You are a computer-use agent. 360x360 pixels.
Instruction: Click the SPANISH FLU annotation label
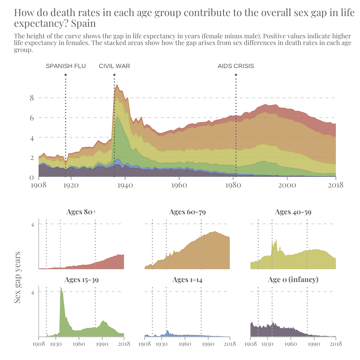[66, 66]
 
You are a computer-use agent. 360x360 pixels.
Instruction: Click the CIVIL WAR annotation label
[114, 66]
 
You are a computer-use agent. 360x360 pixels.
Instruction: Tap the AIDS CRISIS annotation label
[236, 66]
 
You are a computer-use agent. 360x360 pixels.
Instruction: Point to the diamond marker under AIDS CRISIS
[236, 75]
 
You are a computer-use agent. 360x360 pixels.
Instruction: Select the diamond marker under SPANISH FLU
[66, 75]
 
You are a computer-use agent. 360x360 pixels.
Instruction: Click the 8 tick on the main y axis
[32, 98]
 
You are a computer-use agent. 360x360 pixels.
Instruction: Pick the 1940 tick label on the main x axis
[125, 185]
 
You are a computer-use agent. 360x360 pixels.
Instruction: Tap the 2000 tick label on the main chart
[287, 185]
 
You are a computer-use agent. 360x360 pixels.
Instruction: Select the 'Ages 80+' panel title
[81, 212]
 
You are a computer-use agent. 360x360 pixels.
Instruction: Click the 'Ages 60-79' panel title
[187, 212]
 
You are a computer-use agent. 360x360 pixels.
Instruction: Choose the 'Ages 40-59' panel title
[293, 212]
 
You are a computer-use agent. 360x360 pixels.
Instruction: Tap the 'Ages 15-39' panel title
[81, 280]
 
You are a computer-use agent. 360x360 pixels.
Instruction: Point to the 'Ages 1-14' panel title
[187, 280]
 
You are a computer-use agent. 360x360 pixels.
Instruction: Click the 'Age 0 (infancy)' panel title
[293, 280]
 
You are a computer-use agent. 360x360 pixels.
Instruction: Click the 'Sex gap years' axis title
[17, 277]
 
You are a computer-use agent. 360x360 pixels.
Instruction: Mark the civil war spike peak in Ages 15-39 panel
[61, 288]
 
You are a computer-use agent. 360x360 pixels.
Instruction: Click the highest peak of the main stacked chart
[117, 84]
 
